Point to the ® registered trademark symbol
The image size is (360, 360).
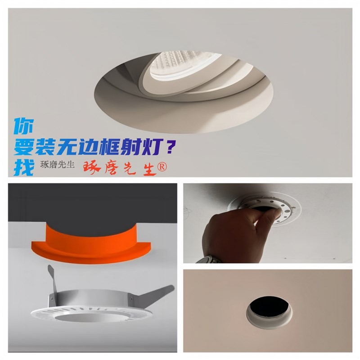(162, 166)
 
